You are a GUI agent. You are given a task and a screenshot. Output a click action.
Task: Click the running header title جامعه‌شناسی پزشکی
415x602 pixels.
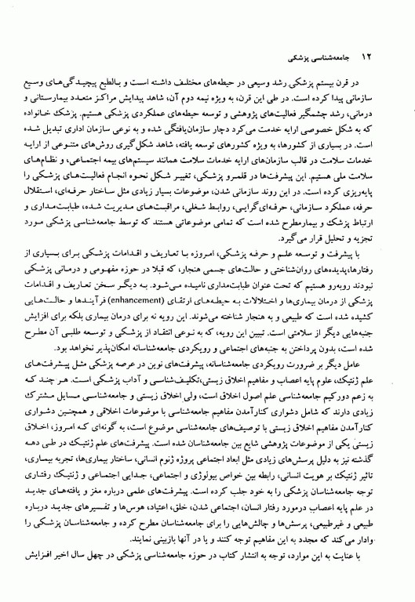[x=323, y=59]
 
